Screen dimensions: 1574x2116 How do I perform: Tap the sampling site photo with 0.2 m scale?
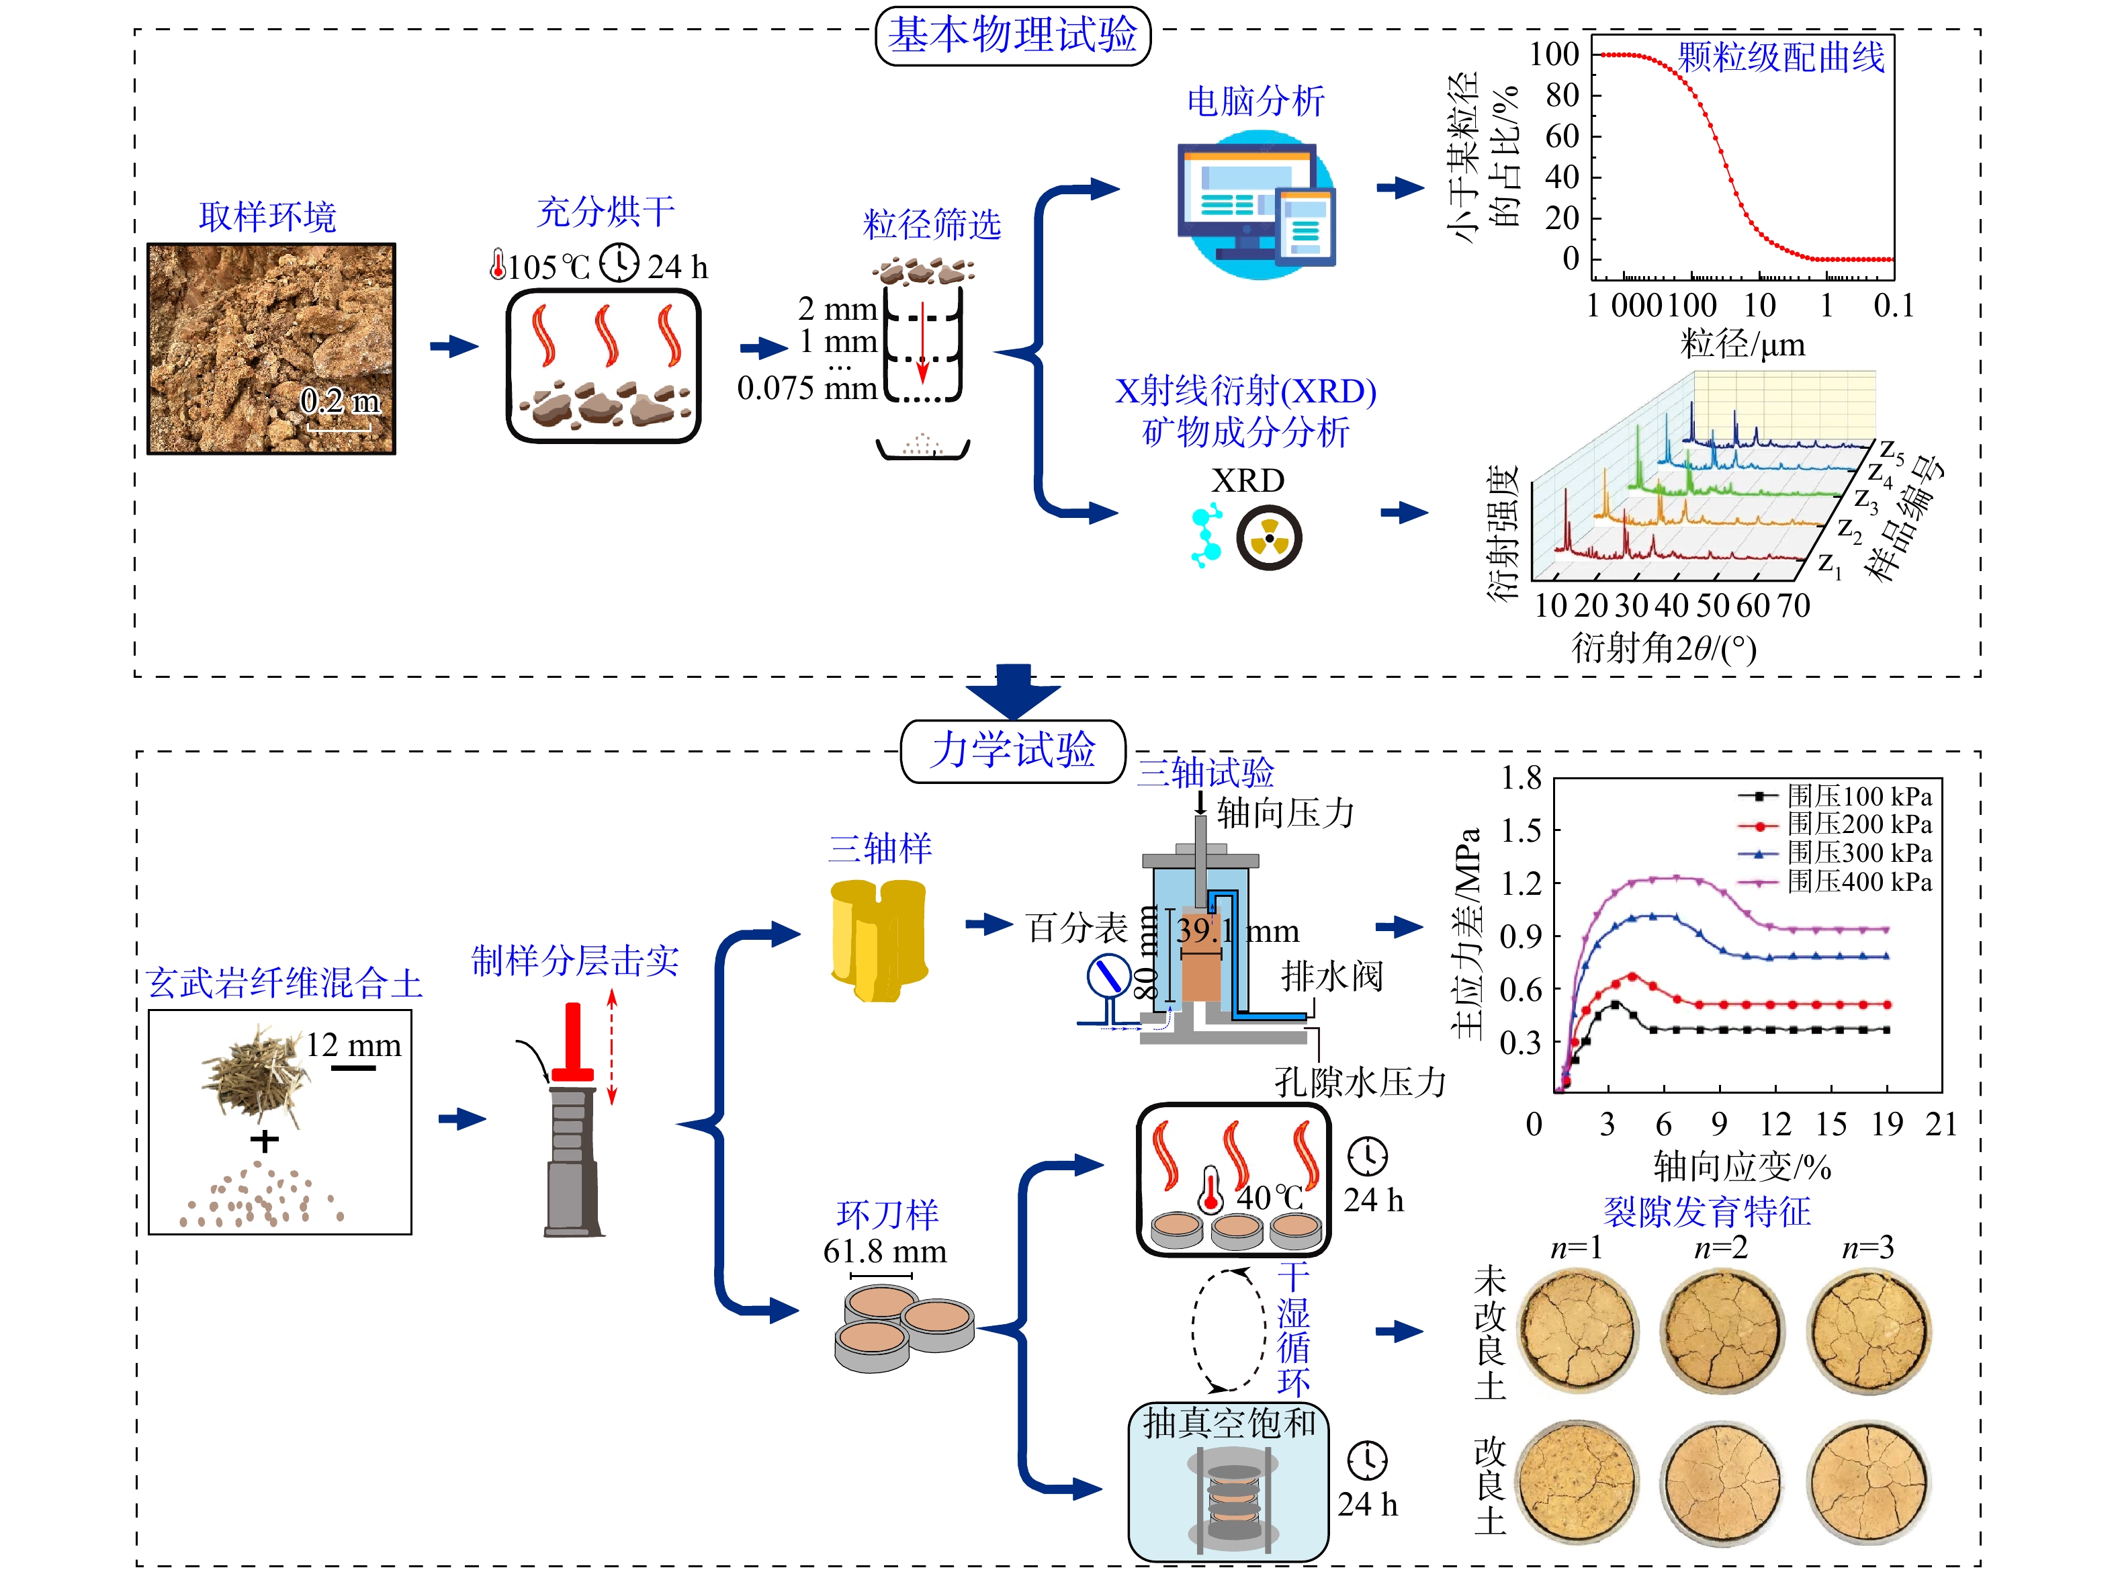point(271,349)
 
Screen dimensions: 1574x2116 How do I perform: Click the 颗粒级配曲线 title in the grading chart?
point(1779,57)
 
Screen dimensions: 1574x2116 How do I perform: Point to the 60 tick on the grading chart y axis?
point(1562,136)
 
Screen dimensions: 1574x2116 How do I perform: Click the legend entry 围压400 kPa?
point(1858,881)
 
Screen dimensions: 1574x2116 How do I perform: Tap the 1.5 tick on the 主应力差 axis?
point(1521,830)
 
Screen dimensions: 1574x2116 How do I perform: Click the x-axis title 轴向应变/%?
point(1742,1166)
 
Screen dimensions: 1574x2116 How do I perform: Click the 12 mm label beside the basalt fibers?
point(353,1045)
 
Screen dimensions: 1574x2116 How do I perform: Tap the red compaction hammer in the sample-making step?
point(572,1043)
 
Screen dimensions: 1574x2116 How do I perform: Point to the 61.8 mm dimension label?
point(885,1251)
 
